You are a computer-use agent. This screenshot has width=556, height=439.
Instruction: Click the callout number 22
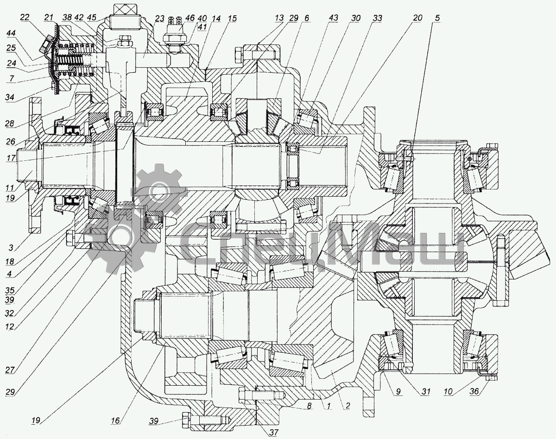click(x=25, y=18)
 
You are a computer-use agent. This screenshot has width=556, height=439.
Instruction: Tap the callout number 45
click(x=91, y=18)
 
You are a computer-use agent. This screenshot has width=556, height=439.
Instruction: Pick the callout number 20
click(x=418, y=18)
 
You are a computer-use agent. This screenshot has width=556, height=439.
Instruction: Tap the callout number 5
click(x=437, y=18)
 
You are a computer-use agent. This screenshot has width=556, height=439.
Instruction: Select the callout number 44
click(x=11, y=33)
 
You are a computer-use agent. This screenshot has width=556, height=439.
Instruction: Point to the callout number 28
click(x=10, y=124)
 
